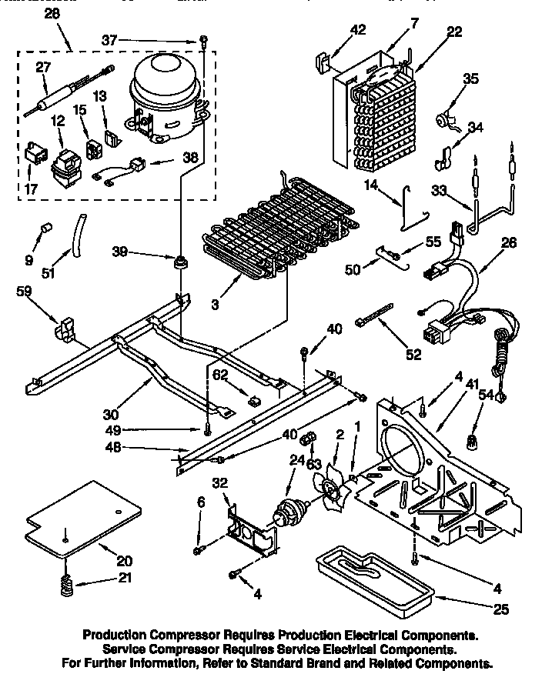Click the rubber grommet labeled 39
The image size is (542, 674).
pos(182,264)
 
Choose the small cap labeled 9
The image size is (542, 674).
pos(45,230)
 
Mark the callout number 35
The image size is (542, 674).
pos(470,78)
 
